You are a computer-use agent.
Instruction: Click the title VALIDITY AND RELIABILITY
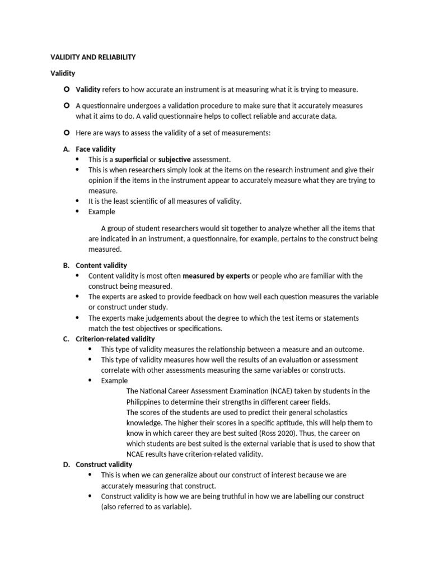pyautogui.click(x=93, y=57)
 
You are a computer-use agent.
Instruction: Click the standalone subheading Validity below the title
pyautogui.click(x=63, y=73)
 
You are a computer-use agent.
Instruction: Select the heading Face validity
pyautogui.click(x=96, y=149)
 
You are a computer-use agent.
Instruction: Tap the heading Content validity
pyautogui.click(x=101, y=265)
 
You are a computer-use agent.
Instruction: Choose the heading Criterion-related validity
pyautogui.click(x=115, y=339)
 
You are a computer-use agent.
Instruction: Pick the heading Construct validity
pyautogui.click(x=104, y=464)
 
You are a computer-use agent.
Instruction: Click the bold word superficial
pyautogui.click(x=132, y=159)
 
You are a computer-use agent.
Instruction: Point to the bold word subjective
pyautogui.click(x=174, y=159)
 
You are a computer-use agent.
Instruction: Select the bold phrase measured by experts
pyautogui.click(x=216, y=276)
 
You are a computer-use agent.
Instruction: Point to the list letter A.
pyautogui.click(x=66, y=149)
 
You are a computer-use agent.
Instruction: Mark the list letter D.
pyautogui.click(x=66, y=464)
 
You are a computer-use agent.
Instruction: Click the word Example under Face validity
pyautogui.click(x=101, y=212)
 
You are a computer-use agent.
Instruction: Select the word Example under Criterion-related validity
pyautogui.click(x=114, y=381)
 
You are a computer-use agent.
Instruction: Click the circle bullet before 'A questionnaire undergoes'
pyautogui.click(x=66, y=105)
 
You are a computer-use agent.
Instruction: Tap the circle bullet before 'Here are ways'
pyautogui.click(x=66, y=133)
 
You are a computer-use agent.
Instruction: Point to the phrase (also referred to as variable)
pyautogui.click(x=147, y=507)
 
